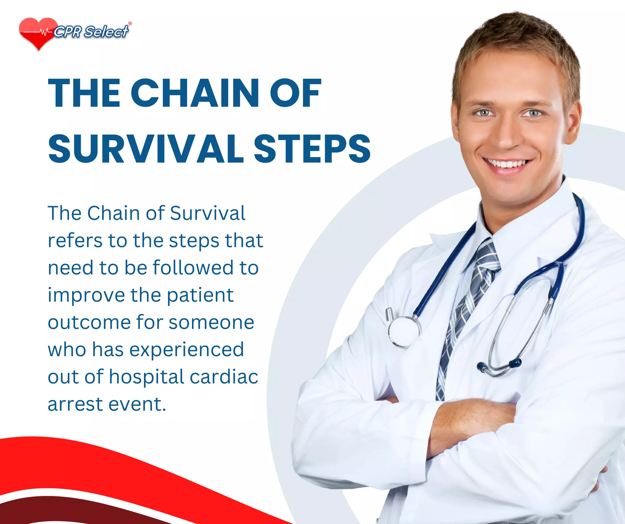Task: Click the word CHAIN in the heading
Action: click(x=195, y=93)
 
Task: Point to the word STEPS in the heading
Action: click(x=312, y=149)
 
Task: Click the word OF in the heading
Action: click(x=295, y=93)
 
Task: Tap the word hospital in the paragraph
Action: click(x=146, y=377)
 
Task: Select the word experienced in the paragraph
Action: click(x=186, y=350)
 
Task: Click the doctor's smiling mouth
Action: click(x=507, y=165)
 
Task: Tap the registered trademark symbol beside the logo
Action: click(x=130, y=23)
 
